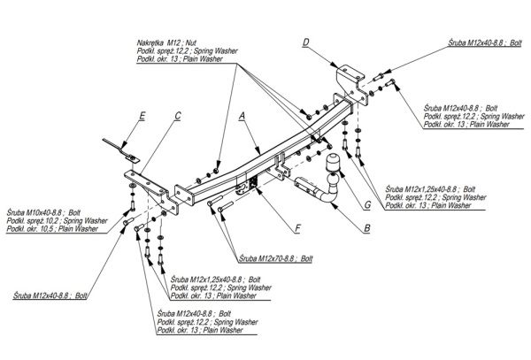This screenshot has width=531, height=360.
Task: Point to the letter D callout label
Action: point(305,42)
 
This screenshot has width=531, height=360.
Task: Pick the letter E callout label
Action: point(142,115)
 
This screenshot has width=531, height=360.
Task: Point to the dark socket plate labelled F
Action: point(250,183)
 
